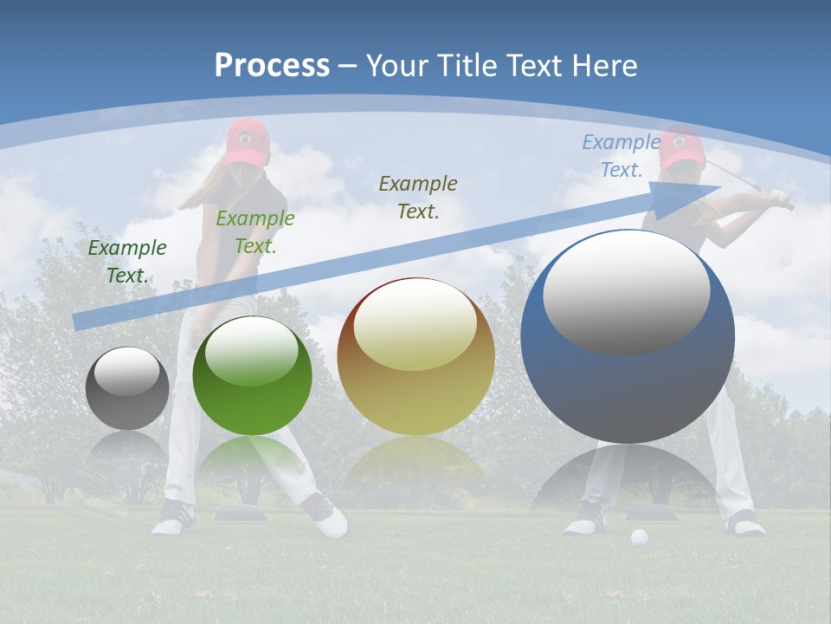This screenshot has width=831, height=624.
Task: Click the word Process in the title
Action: pos(272,65)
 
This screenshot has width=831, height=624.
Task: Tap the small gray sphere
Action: pos(127,388)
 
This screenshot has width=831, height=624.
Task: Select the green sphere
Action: pos(252,375)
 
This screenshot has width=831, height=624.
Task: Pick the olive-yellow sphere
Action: pos(415,356)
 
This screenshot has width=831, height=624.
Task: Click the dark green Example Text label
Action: pos(127,261)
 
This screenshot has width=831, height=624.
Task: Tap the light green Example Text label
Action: pos(254,231)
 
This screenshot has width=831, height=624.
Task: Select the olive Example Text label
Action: pos(418,197)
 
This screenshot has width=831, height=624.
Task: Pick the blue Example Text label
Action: pos(622,156)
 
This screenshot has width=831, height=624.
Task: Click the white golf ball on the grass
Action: pos(639,537)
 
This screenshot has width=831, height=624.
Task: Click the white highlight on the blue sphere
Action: pos(626,292)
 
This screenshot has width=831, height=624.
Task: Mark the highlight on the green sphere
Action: pos(252,351)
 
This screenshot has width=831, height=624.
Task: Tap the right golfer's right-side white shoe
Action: pos(744,523)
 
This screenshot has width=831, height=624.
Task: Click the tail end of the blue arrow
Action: pos(80,322)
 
